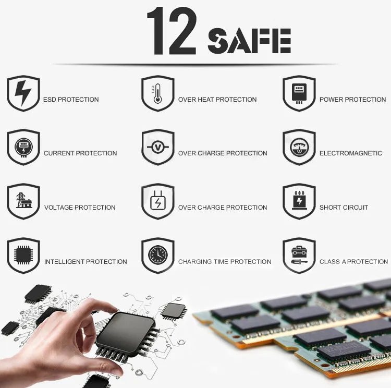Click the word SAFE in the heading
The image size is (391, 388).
point(249,40)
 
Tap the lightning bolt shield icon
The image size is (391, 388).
point(23,93)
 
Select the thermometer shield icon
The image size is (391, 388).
point(157,93)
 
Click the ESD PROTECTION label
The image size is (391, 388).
point(71,100)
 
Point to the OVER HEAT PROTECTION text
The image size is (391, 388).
point(217,100)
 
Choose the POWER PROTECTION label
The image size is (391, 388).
point(352,100)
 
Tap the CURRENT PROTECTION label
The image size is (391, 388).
point(80,153)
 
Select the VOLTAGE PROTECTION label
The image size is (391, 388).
point(80,208)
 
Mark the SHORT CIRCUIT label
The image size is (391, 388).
point(344,208)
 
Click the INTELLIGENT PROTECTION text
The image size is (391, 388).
point(85,262)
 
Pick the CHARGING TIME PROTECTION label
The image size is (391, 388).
point(225,262)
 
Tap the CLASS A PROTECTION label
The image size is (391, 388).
point(353,262)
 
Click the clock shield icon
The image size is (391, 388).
point(157,256)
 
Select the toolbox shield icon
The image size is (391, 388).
point(299,256)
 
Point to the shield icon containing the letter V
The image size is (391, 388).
point(157,148)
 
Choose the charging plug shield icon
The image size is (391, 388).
point(157,201)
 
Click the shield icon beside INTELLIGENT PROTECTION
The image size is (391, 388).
point(23,256)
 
